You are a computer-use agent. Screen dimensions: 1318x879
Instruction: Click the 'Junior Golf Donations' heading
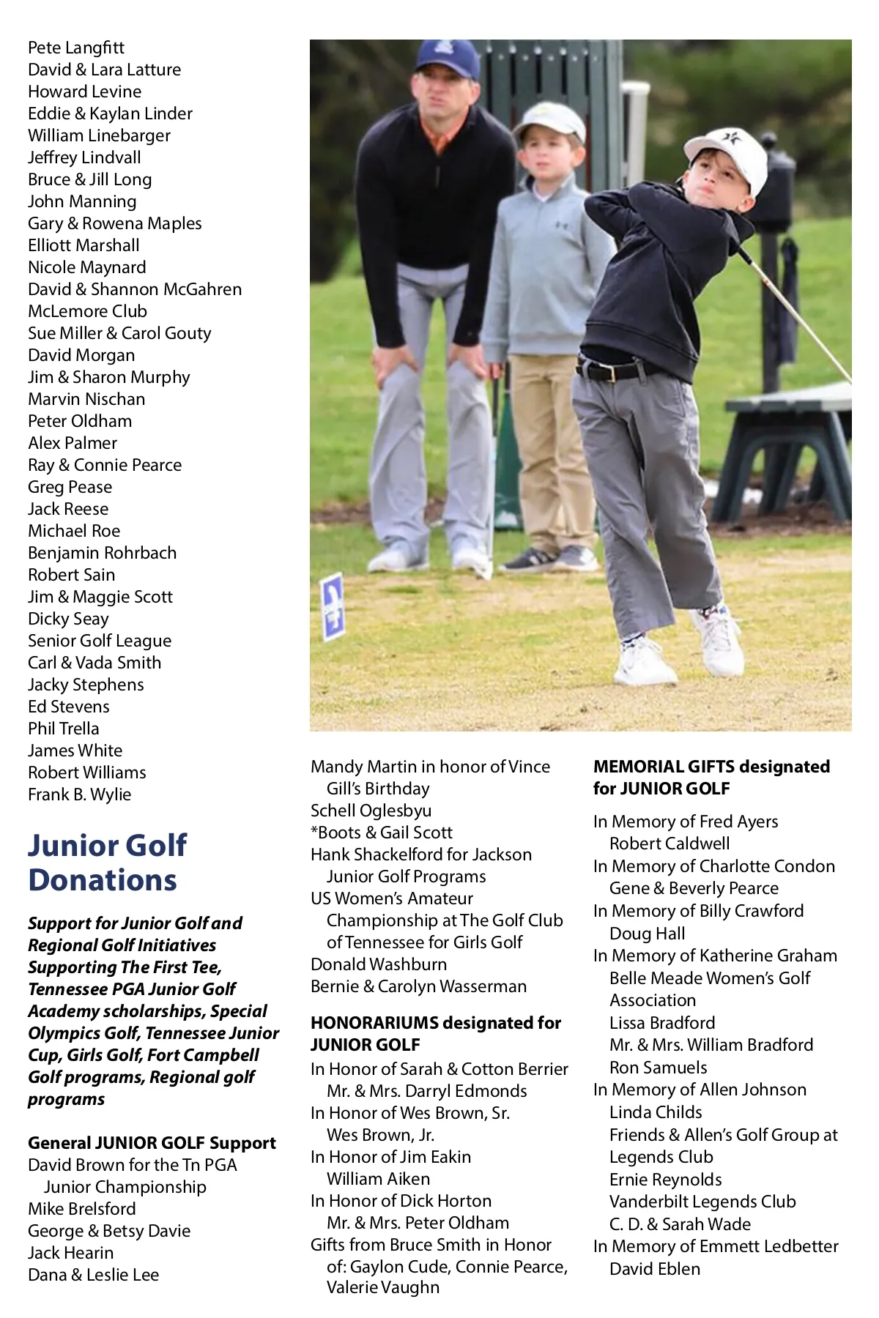(107, 863)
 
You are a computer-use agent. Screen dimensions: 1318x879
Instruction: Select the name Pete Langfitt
(76, 48)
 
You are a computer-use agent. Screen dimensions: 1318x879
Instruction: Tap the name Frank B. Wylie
(79, 794)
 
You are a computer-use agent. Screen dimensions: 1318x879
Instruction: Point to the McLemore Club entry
(87, 311)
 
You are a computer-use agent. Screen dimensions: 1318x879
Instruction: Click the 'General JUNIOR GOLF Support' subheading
(152, 1143)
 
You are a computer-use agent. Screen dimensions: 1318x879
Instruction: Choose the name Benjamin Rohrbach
(102, 553)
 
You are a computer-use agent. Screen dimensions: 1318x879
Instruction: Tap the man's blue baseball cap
(446, 59)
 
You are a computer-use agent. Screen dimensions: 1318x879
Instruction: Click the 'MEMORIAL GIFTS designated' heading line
(711, 767)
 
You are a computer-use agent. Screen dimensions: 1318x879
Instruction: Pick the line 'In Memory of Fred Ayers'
(686, 822)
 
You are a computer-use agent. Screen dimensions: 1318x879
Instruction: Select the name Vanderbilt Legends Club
(702, 1202)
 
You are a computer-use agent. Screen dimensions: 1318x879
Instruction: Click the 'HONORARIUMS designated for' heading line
(436, 1023)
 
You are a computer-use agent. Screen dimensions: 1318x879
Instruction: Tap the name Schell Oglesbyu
(371, 811)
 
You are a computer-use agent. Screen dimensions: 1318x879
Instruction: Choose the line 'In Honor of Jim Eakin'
(390, 1157)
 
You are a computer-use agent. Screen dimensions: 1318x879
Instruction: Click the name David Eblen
(655, 1269)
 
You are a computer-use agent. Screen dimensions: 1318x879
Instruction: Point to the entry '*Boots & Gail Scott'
(381, 833)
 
